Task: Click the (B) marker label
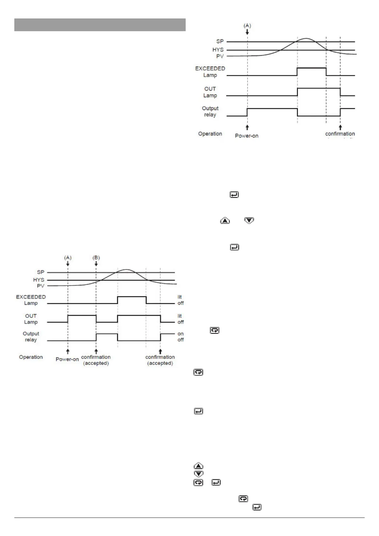pyautogui.click(x=96, y=257)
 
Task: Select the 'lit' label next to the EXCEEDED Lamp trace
pyautogui.click(x=180, y=297)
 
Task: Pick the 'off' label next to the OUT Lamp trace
pyautogui.click(x=181, y=322)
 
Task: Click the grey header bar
pyautogui.click(x=100, y=25)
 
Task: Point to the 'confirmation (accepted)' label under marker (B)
pyautogui.click(x=96, y=360)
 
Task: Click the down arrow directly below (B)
pyautogui.click(x=96, y=264)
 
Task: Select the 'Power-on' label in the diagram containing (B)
pyautogui.click(x=67, y=359)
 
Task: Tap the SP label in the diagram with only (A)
pyautogui.click(x=220, y=41)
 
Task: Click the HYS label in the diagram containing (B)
pyautogui.click(x=39, y=280)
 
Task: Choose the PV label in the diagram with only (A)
pyautogui.click(x=220, y=56)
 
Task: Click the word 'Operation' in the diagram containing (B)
pyautogui.click(x=31, y=357)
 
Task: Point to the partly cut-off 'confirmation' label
pyautogui.click(x=340, y=134)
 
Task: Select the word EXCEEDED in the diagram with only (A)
pyautogui.click(x=210, y=68)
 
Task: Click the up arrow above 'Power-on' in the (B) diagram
pyautogui.click(x=68, y=351)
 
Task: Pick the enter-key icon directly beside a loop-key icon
pyautogui.click(x=216, y=483)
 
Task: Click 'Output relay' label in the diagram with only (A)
pyautogui.click(x=210, y=111)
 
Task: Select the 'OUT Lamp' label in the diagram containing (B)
pyautogui.click(x=31, y=319)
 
